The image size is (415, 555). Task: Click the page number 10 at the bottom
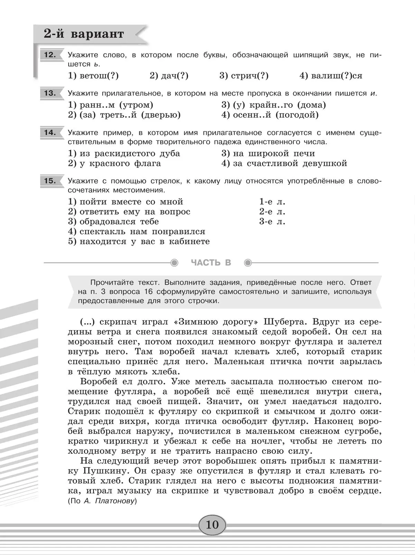(212, 525)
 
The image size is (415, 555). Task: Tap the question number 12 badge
(50, 55)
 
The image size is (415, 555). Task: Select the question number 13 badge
(50, 93)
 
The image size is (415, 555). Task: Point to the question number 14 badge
(50, 133)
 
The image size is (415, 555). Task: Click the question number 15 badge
(50, 181)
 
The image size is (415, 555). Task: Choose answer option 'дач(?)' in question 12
(169, 76)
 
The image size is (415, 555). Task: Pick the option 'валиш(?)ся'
(331, 76)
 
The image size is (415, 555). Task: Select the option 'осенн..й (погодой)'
(270, 115)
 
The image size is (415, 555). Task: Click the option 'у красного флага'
(114, 163)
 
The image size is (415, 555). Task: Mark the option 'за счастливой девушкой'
(284, 163)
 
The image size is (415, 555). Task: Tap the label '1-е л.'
(272, 202)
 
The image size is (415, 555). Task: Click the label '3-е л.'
(272, 221)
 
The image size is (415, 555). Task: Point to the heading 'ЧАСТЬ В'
(211, 263)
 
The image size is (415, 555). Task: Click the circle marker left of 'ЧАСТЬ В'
(175, 263)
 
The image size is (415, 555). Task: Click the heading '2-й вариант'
(84, 34)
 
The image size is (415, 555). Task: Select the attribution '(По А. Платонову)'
(102, 501)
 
